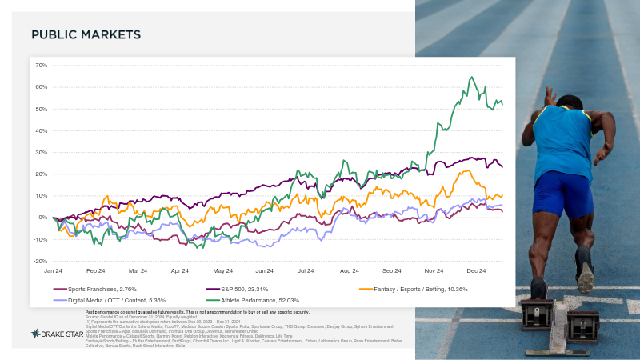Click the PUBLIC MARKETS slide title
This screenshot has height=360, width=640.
coord(86,35)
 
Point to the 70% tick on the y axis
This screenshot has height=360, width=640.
coord(42,66)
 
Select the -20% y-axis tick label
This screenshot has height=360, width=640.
coord(41,262)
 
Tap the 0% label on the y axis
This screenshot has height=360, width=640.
coord(43,218)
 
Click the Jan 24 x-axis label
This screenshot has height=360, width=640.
coord(54,271)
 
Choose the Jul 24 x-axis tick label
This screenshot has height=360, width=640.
coord(306,271)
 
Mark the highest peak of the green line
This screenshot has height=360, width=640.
coord(472,78)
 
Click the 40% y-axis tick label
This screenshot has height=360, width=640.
coord(42,131)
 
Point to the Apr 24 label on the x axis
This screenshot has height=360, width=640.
coord(179,271)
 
